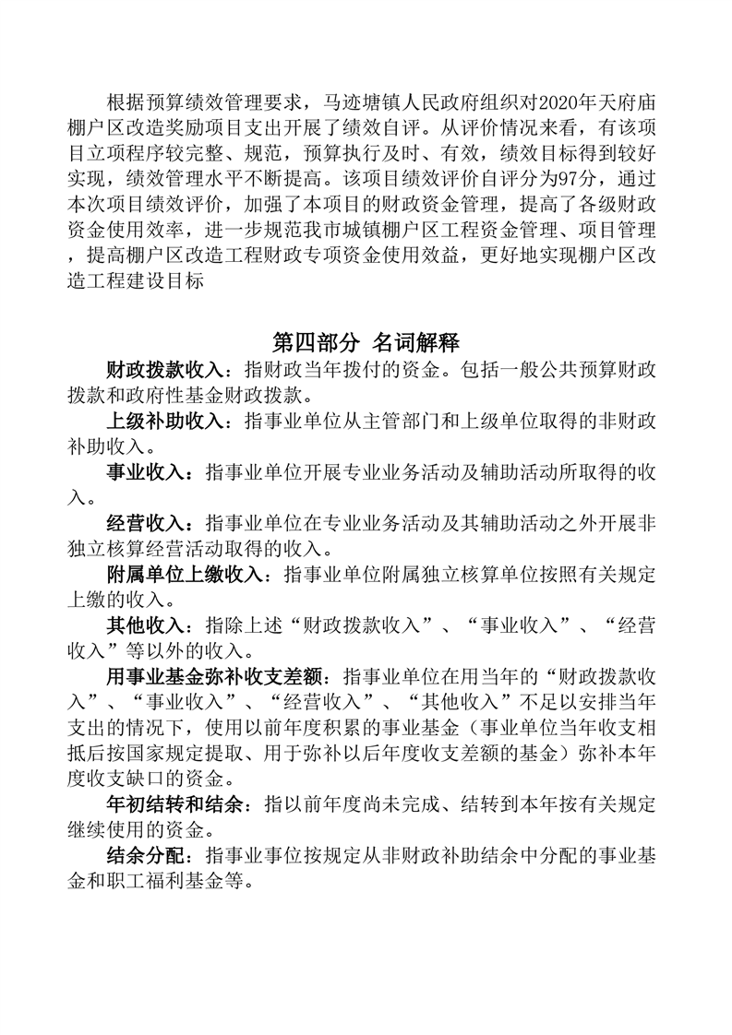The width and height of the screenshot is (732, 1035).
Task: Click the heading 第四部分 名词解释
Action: [x=366, y=343]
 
